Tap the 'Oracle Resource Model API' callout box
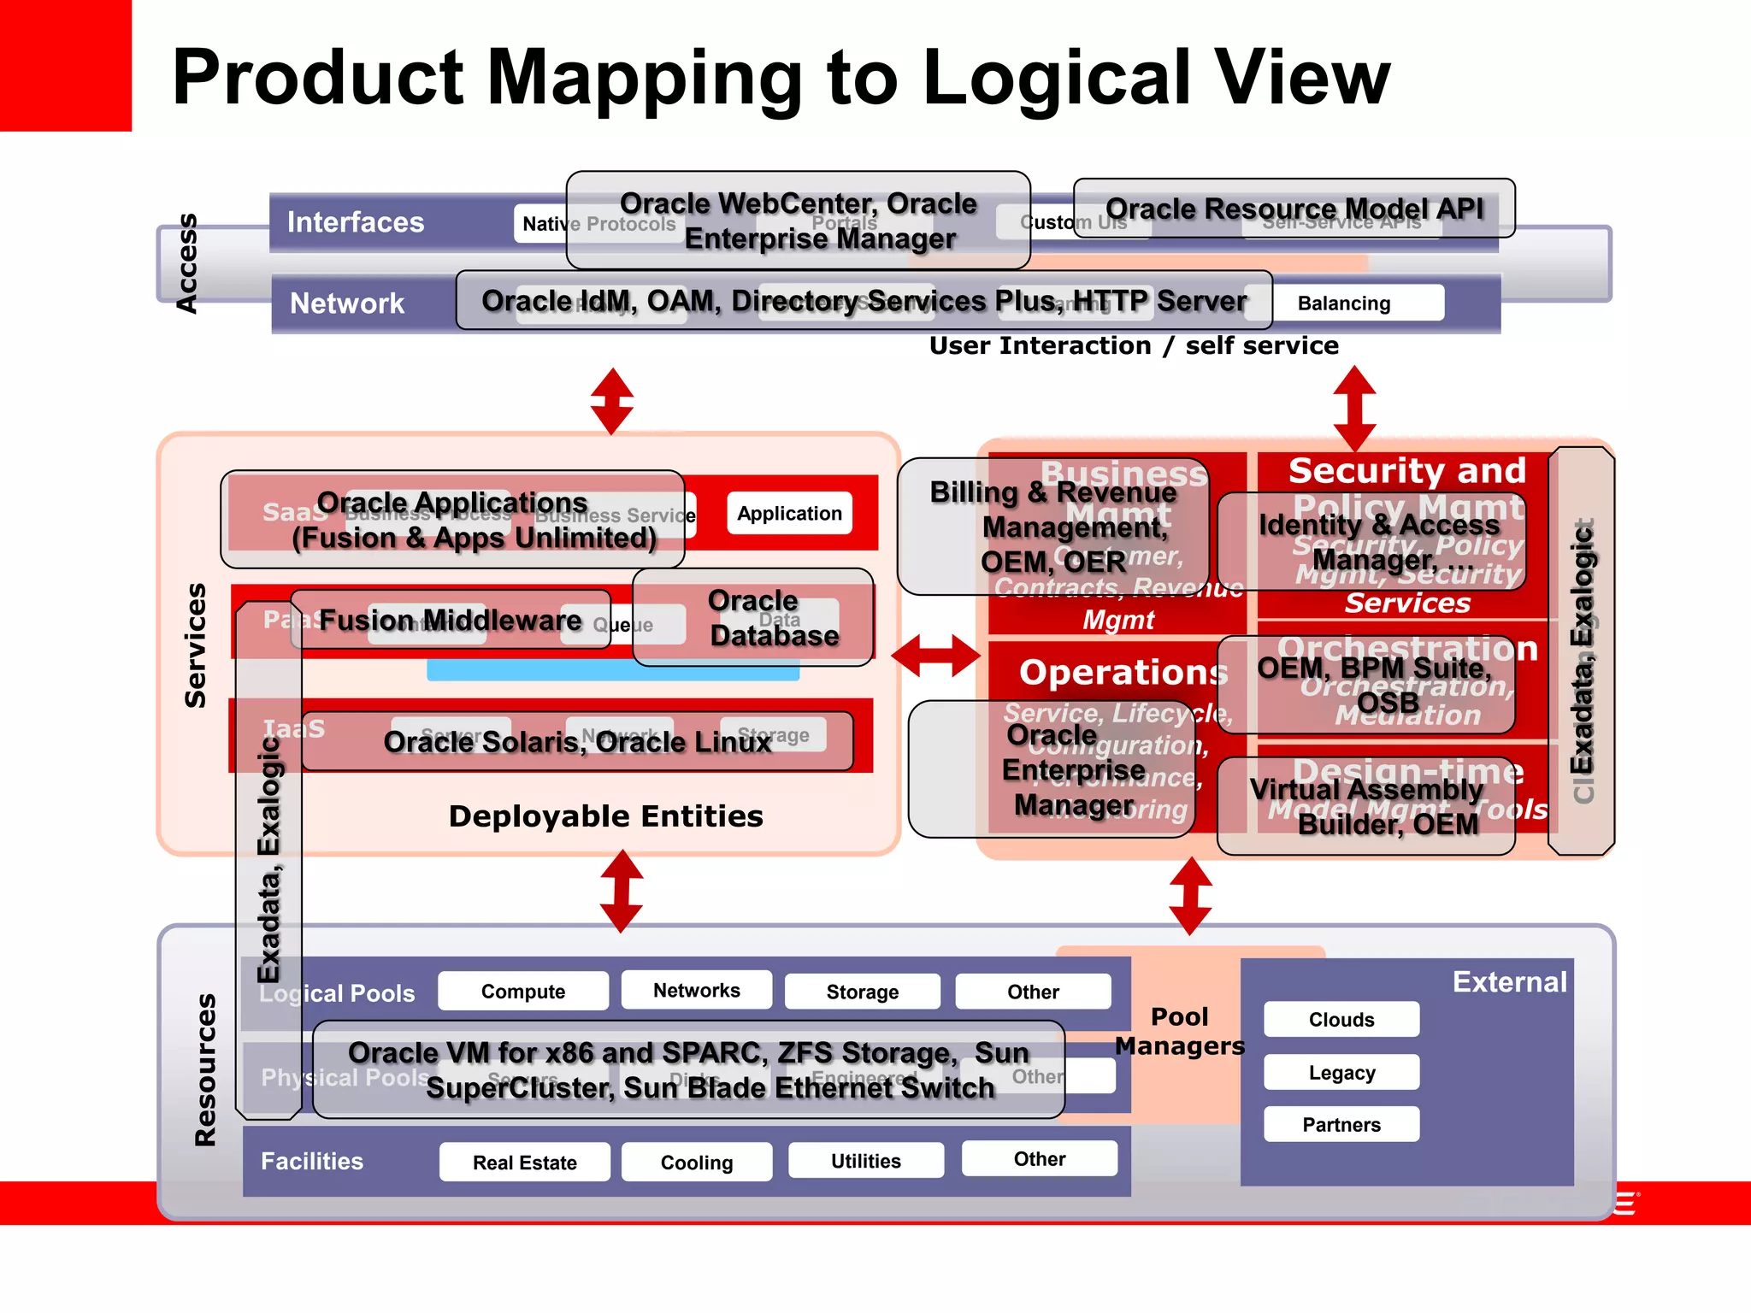(x=1294, y=209)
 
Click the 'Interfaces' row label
(x=355, y=222)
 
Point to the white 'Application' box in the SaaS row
(x=789, y=514)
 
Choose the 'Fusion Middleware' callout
(x=450, y=620)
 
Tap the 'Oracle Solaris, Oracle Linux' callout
(x=577, y=741)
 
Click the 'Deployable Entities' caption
(x=605, y=816)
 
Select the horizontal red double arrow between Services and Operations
(x=936, y=656)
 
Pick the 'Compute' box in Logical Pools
(x=522, y=992)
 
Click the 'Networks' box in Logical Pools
(x=696, y=990)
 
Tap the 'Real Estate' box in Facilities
(x=524, y=1163)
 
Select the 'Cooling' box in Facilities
(x=696, y=1163)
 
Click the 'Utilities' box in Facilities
(x=865, y=1161)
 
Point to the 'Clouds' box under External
(x=1341, y=1020)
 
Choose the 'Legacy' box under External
(x=1341, y=1073)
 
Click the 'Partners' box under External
(x=1341, y=1125)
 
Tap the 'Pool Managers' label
(x=1179, y=1031)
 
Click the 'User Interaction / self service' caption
(x=1134, y=345)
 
